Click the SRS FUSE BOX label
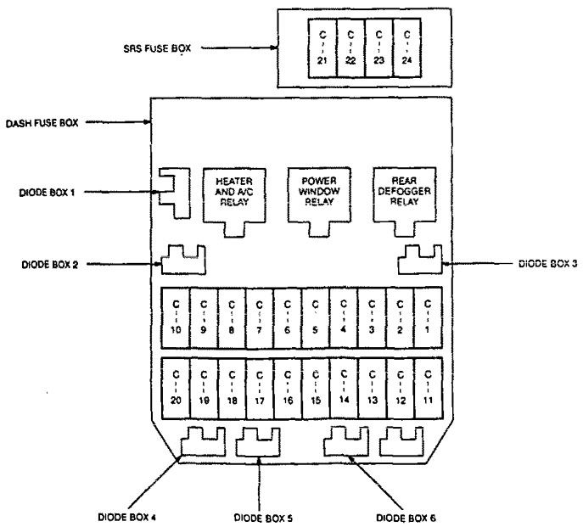click(157, 48)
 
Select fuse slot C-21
click(322, 48)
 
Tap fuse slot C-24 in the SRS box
click(406, 48)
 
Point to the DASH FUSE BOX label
click(42, 123)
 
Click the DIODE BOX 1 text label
click(47, 193)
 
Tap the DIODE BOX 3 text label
click(547, 264)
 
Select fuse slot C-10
click(176, 317)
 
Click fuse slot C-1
click(428, 317)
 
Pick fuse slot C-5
click(316, 317)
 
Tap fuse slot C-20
click(176, 389)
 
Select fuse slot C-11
click(429, 389)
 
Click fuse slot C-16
click(288, 389)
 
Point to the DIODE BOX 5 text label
click(263, 518)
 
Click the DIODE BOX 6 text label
click(406, 518)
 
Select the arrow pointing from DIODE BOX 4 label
click(155, 482)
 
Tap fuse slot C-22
click(350, 48)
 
